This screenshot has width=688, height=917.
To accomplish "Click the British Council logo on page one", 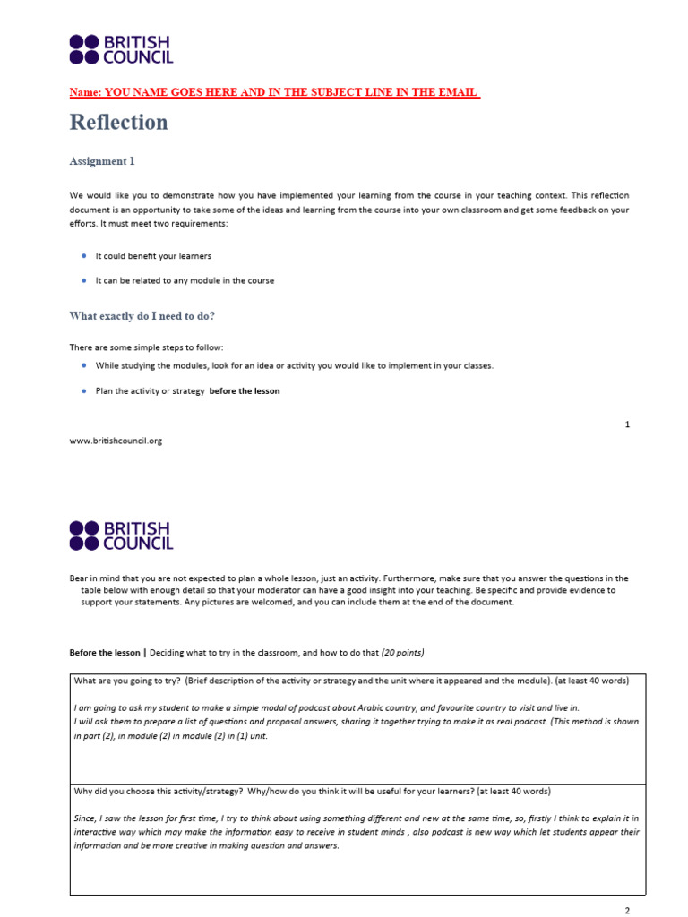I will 121,49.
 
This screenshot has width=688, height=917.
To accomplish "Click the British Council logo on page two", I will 121,535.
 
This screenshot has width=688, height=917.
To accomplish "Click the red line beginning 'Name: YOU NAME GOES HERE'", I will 275,92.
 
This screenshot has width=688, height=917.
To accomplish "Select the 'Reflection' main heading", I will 118,123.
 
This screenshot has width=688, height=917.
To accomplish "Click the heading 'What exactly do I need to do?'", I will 142,316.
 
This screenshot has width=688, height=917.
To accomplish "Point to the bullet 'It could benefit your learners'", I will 153,256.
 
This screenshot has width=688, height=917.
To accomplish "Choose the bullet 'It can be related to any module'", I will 185,280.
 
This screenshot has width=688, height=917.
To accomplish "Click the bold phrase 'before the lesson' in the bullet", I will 245,390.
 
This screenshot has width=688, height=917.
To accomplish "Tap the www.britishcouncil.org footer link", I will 116,441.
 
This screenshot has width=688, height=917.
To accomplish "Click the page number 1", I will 627,424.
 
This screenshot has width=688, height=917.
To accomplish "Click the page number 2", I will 627,910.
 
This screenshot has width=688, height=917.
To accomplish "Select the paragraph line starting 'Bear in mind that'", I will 348,578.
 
